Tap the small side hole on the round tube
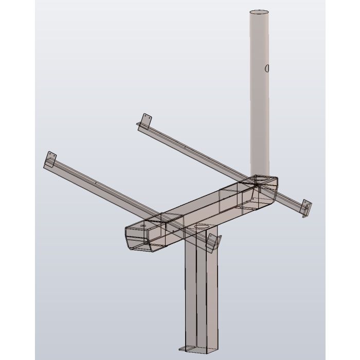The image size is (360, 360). pyautogui.click(x=266, y=68)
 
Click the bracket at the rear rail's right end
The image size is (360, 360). pyautogui.click(x=307, y=208)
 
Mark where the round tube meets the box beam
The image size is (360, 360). pyautogui.click(x=260, y=177)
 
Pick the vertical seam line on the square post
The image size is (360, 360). pyautogui.click(x=196, y=298)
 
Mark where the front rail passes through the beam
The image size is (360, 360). pyautogui.click(x=165, y=219)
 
